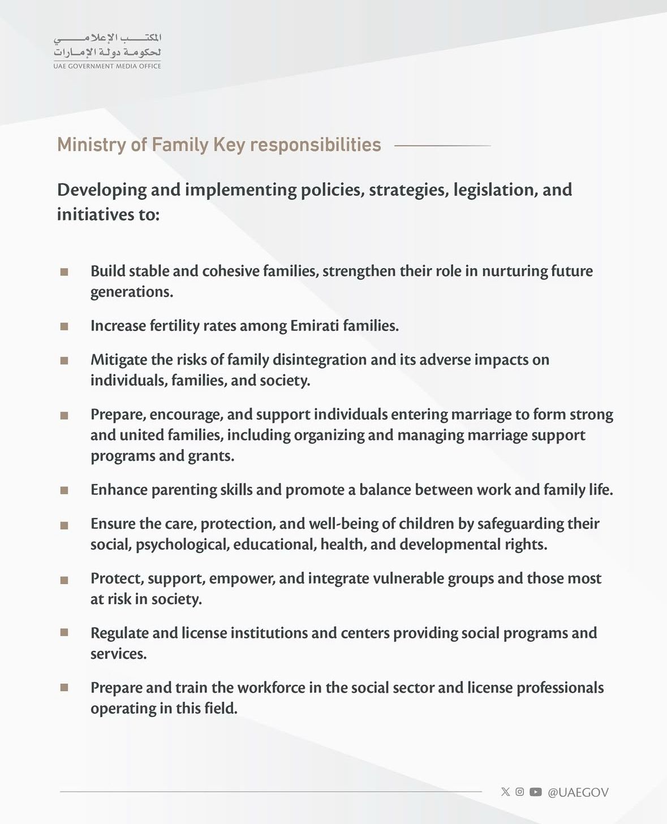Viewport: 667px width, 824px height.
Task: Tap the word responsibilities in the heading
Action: coord(315,145)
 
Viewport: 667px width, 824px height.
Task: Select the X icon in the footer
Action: coord(505,792)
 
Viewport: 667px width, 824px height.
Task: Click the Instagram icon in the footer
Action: coord(520,792)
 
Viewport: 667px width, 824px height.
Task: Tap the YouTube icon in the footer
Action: coord(536,792)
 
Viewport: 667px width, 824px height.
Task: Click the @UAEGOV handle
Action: coord(578,792)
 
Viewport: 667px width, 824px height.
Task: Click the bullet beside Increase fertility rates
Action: coord(64,327)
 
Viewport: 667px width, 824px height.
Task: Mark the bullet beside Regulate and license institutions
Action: coord(64,632)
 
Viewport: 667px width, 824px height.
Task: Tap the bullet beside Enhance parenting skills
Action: coord(64,491)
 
